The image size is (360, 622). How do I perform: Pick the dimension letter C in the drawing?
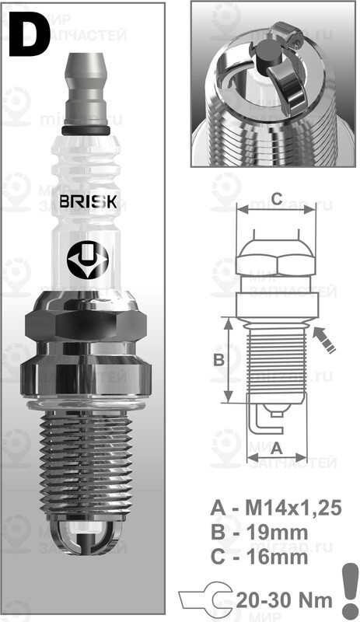tap(275, 196)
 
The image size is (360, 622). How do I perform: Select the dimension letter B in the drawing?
tap(218, 360)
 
